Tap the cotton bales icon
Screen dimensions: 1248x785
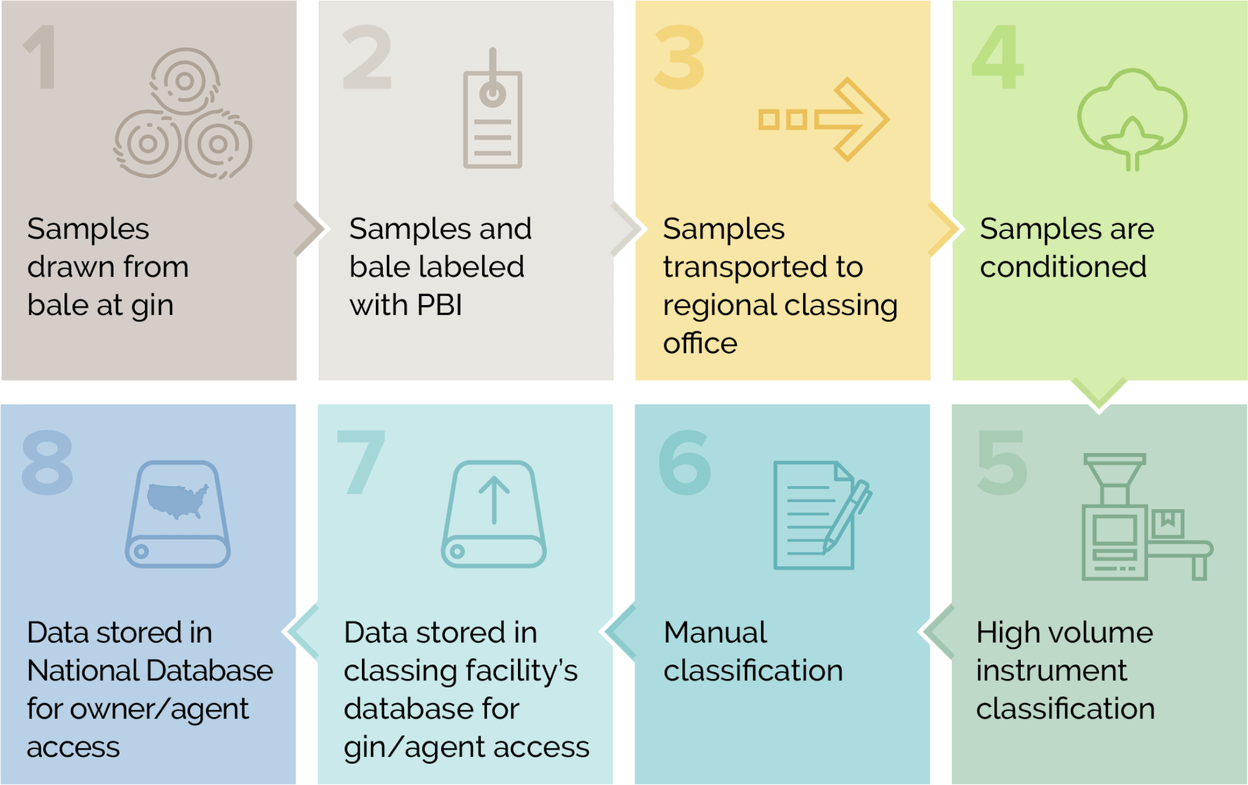183,113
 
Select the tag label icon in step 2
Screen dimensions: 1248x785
492,108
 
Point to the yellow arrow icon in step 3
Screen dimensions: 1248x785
824,119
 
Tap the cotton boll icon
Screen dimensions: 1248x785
1132,119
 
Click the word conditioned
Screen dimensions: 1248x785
1063,267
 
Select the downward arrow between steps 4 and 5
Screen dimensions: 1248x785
1099,395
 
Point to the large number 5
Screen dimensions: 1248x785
1002,462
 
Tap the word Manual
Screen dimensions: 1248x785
715,632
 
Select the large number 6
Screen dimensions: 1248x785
685,462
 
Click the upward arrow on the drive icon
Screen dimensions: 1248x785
494,500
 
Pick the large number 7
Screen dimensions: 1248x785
361,462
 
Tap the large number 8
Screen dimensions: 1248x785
48,462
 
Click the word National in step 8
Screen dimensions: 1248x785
83,671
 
